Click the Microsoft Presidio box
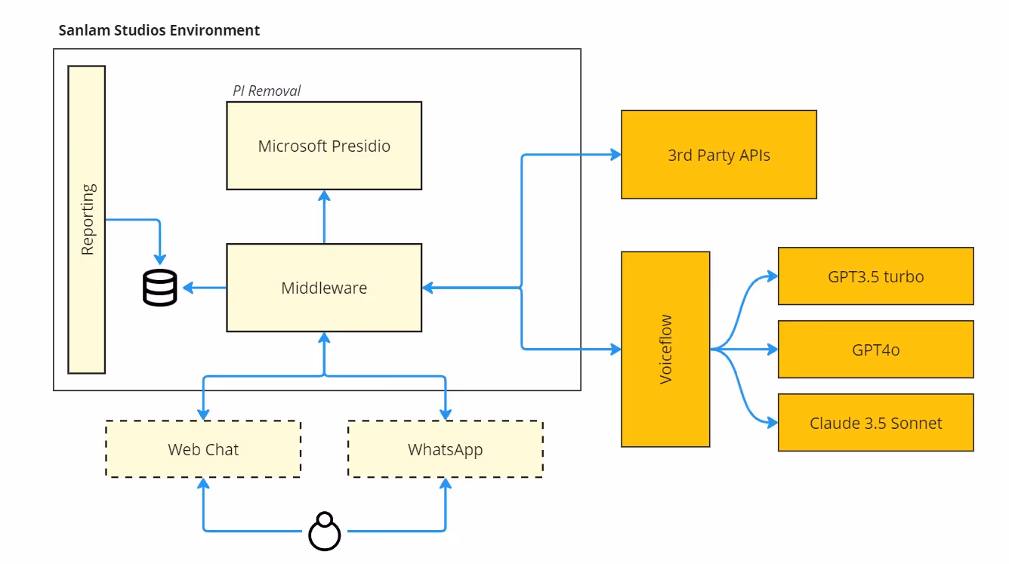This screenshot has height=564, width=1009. coord(324,146)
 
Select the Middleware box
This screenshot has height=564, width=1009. coord(324,288)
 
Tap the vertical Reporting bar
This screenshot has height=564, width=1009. coord(87,219)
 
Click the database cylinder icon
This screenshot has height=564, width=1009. coord(159,288)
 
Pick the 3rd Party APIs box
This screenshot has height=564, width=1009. coord(718,155)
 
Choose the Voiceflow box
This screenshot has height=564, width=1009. coord(665,349)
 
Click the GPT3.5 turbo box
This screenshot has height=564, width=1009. coord(875,276)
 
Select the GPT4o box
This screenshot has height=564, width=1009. coord(875,350)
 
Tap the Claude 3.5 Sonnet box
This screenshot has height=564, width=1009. coord(875,423)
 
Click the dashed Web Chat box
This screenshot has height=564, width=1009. coord(203,449)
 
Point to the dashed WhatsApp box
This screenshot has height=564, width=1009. coord(445,449)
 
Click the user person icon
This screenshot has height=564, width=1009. coord(325,532)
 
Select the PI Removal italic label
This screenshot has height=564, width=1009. coord(267,91)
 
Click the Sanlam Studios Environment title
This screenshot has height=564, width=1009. coord(159,30)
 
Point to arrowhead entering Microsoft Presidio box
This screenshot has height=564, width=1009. coord(324,196)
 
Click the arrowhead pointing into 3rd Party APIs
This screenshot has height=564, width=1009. coord(615,155)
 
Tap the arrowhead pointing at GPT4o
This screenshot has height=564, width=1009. coord(772,350)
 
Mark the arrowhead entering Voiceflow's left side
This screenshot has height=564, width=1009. coord(615,349)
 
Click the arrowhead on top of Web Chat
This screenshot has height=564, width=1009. coord(203,415)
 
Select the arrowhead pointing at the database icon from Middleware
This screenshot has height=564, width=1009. coord(187,288)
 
